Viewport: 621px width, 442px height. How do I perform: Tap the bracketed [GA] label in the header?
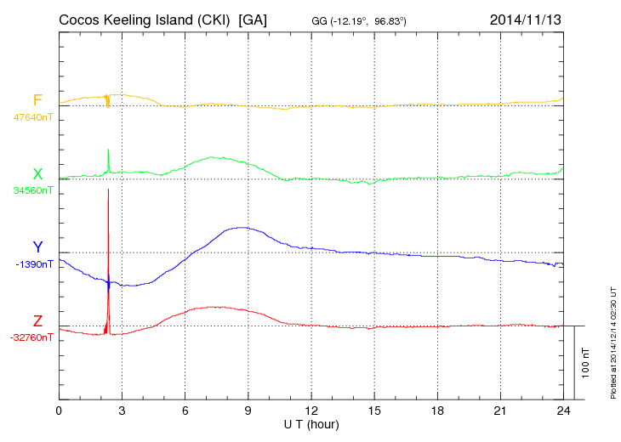click(x=253, y=19)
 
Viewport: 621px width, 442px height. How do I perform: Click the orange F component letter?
click(x=37, y=100)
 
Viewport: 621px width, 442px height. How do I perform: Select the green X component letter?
click(x=37, y=174)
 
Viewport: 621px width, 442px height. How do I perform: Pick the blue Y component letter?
click(x=37, y=247)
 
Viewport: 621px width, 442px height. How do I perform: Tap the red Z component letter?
click(x=37, y=321)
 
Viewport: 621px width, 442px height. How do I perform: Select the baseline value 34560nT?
click(x=32, y=190)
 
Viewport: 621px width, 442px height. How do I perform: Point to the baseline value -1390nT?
click(x=34, y=264)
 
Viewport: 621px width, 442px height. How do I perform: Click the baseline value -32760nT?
click(x=32, y=337)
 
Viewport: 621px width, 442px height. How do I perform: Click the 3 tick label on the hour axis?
click(x=122, y=411)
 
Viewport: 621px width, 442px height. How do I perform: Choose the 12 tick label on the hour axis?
click(x=311, y=411)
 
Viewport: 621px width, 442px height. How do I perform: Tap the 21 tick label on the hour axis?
click(x=500, y=411)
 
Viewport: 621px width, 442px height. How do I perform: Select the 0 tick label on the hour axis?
click(x=59, y=411)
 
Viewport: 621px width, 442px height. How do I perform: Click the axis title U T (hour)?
click(x=311, y=424)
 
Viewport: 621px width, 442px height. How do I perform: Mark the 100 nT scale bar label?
click(x=586, y=362)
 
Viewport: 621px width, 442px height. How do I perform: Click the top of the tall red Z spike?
click(x=109, y=190)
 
